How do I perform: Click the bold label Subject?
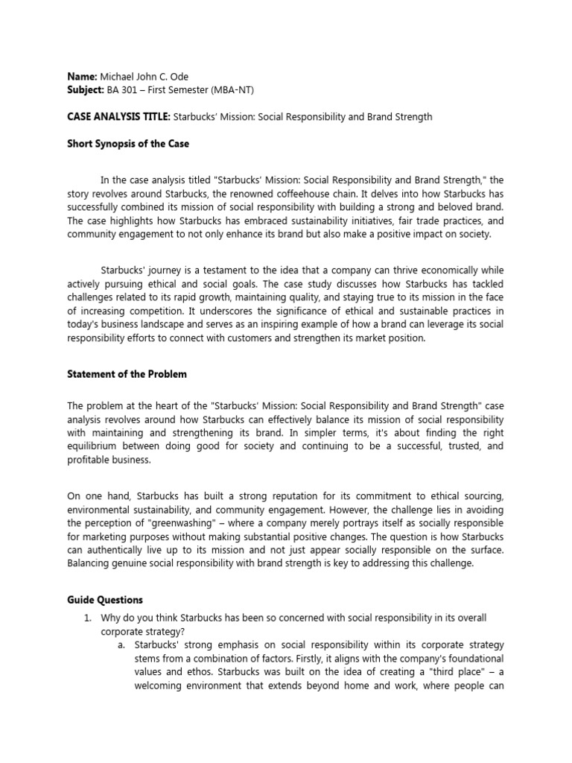point(86,91)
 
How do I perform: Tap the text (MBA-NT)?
point(241,91)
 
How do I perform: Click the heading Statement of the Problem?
point(127,374)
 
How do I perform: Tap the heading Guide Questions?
point(105,600)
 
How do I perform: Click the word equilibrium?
point(95,447)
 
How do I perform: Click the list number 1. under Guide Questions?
point(87,619)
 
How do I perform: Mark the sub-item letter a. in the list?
point(121,645)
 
